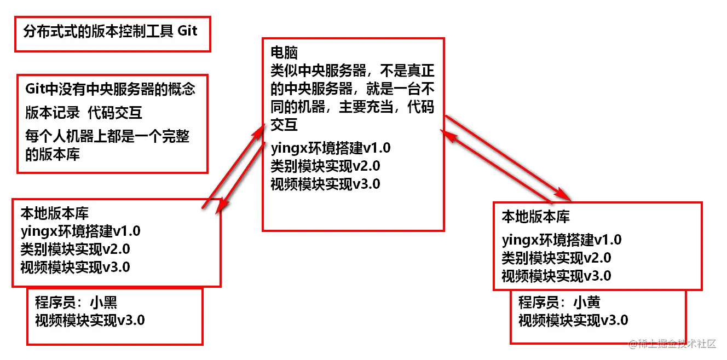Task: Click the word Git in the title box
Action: coord(187,31)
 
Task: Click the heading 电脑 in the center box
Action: coord(284,53)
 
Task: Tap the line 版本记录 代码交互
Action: coord(84,113)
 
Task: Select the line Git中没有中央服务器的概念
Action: coord(110,89)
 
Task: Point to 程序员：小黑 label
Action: coord(76,303)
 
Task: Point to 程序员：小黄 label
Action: coord(559,302)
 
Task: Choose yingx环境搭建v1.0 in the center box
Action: coord(331,148)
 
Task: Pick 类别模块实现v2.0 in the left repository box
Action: coord(75,249)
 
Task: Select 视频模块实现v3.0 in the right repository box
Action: coord(556,276)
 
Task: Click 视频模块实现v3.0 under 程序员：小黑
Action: coord(90,320)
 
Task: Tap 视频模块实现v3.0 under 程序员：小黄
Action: coord(573,320)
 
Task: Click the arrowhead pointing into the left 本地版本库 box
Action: coord(221,206)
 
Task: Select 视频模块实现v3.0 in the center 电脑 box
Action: coord(325,184)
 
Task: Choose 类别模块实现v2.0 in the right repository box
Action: coord(556,258)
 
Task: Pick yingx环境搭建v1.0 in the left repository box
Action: coord(80,231)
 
